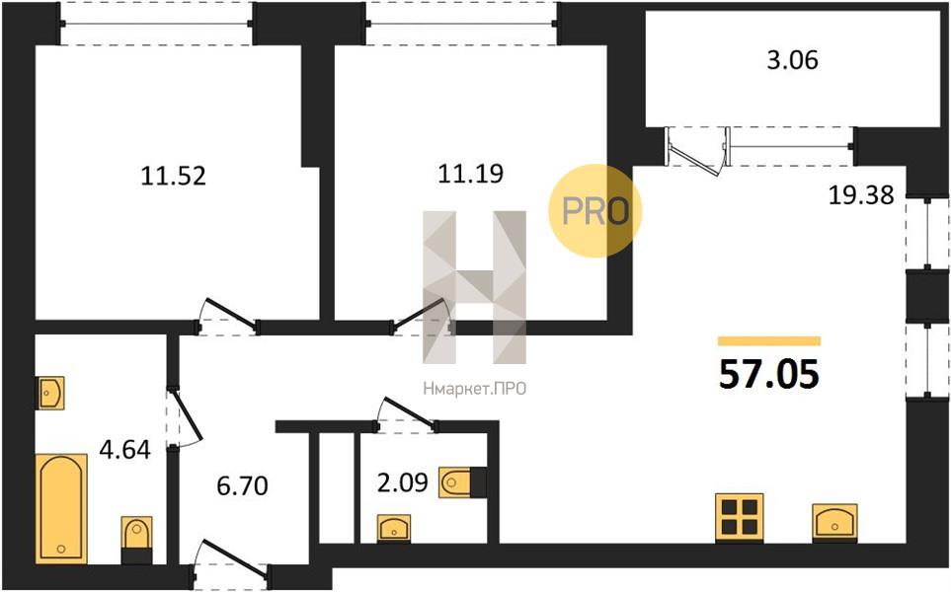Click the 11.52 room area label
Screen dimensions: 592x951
(174, 177)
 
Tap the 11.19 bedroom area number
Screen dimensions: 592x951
(471, 175)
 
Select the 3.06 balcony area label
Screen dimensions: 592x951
(793, 60)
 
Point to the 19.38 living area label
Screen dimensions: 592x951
(861, 195)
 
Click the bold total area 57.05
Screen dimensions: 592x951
(769, 375)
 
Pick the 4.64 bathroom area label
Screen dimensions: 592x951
(124, 452)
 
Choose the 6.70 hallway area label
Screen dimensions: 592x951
(242, 485)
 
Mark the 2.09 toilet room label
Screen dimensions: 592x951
(403, 483)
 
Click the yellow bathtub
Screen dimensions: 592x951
(62, 508)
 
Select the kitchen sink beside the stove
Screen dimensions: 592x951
(834, 521)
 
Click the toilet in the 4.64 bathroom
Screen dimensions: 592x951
(135, 539)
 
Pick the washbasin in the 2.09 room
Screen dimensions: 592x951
(395, 527)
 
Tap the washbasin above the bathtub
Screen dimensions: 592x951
(51, 393)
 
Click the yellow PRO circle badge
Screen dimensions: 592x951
(595, 211)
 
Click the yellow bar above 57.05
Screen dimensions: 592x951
(768, 340)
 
